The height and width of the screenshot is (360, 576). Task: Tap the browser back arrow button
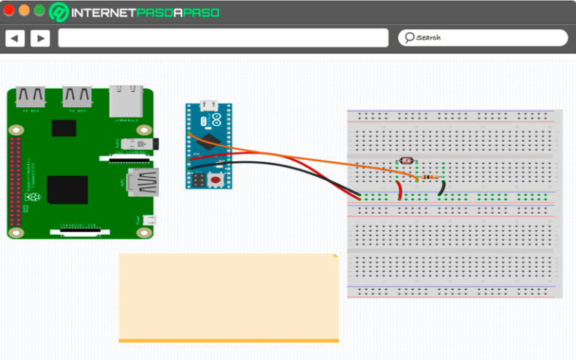click(x=15, y=38)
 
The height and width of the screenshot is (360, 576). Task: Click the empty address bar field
click(x=223, y=38)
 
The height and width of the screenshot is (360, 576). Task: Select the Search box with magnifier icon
click(x=482, y=37)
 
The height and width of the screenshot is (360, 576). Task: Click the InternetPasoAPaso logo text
click(x=136, y=13)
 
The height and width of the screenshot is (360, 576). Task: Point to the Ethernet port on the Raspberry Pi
click(x=125, y=101)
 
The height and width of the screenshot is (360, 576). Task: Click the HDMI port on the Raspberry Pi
click(x=142, y=182)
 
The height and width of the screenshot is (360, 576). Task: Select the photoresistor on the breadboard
click(x=404, y=162)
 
